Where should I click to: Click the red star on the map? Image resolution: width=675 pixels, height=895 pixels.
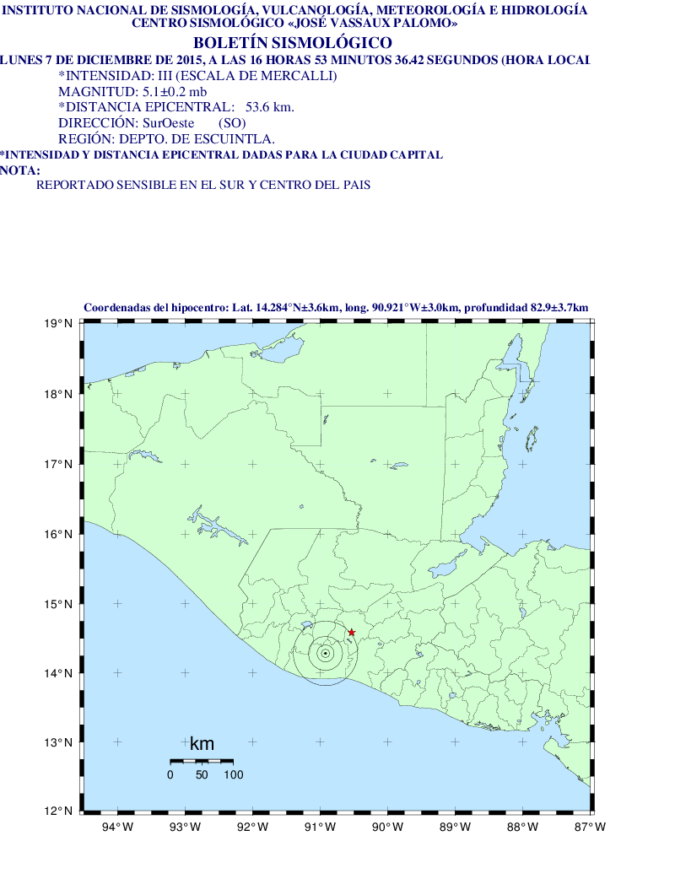[352, 633]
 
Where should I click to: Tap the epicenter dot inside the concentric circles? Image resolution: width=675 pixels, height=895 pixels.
[325, 653]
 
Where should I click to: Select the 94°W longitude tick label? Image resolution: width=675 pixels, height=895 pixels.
[117, 827]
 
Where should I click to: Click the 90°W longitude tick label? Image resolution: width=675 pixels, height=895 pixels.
[387, 827]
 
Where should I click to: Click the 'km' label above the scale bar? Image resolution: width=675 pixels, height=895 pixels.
[202, 744]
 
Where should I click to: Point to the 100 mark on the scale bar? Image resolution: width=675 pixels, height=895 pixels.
[233, 774]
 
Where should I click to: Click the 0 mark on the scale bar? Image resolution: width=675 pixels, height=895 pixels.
[170, 774]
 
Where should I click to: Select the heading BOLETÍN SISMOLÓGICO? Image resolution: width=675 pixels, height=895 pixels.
[292, 43]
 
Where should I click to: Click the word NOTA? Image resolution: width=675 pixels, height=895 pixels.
[19, 170]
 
